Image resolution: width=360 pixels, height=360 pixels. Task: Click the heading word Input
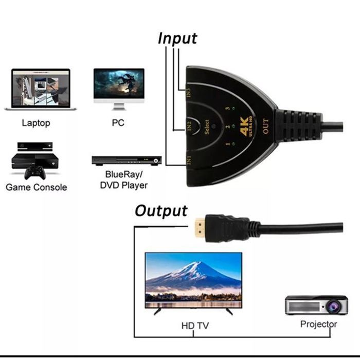click(x=177, y=39)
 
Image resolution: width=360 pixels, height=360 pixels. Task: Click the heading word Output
click(x=161, y=211)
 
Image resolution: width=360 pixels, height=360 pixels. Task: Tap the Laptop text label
click(x=36, y=123)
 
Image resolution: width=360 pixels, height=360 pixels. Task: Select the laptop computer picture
click(x=40, y=89)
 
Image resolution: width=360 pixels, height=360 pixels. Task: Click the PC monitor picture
click(x=119, y=87)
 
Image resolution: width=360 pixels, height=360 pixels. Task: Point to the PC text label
click(x=118, y=123)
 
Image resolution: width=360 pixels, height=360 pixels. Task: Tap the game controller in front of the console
click(x=36, y=171)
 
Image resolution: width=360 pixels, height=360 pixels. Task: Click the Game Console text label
click(x=36, y=187)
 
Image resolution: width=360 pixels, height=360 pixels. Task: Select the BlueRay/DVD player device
click(x=127, y=160)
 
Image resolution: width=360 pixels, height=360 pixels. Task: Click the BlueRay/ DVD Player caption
click(x=127, y=179)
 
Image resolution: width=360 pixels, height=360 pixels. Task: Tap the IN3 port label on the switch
click(x=189, y=94)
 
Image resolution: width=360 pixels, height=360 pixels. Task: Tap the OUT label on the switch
click(x=265, y=127)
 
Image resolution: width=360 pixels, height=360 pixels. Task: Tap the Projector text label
click(x=318, y=324)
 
